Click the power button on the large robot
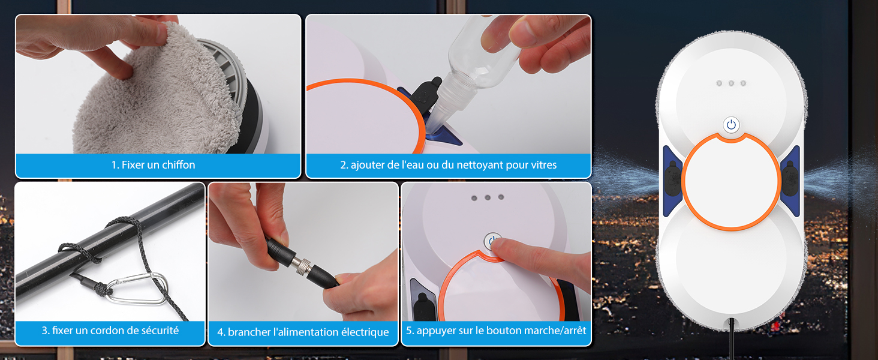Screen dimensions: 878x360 point(731,125)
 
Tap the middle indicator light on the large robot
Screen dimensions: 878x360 point(731,83)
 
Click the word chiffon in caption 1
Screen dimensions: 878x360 point(178,165)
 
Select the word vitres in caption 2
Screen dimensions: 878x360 point(544,165)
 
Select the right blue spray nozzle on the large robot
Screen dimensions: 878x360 point(790,181)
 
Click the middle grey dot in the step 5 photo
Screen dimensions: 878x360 point(488,197)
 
